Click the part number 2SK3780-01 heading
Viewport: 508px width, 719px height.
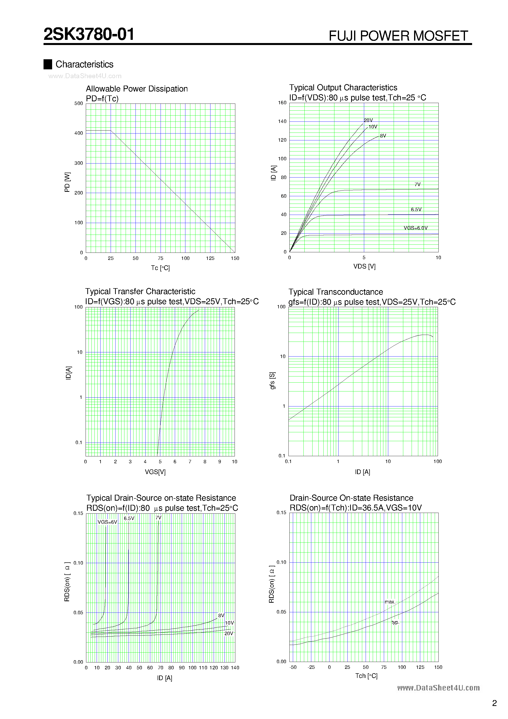coord(89,34)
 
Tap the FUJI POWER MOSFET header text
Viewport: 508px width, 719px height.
coord(398,36)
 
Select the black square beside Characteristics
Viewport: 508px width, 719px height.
coord(48,64)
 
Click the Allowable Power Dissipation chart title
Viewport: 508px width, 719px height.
coord(136,89)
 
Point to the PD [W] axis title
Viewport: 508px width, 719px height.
coord(67,182)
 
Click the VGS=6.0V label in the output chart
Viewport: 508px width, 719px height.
coord(416,228)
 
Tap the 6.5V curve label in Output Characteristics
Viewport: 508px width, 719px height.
coord(416,210)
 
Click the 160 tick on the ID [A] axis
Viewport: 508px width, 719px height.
coord(282,103)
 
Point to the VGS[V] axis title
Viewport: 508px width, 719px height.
coord(155,472)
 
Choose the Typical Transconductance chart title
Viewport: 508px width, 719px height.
coord(335,292)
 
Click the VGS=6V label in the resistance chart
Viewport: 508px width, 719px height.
coord(107,522)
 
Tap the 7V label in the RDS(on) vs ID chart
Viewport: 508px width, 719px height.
coord(159,518)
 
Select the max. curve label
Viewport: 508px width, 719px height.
coord(390,602)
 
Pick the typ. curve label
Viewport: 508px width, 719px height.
coord(395,622)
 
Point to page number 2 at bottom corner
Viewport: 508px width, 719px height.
coord(494,703)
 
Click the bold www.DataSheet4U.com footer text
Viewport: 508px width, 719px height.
coord(438,688)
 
